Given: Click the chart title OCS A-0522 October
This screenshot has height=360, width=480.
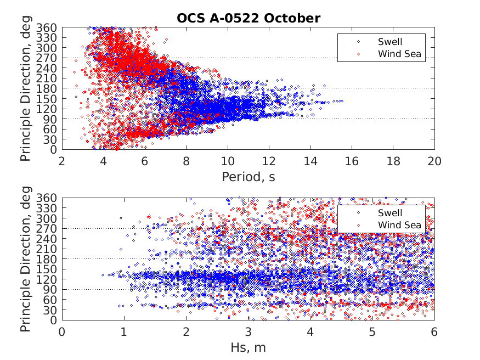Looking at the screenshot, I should pyautogui.click(x=248, y=18).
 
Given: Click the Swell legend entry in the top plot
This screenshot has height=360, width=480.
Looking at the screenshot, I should pyautogui.click(x=389, y=42).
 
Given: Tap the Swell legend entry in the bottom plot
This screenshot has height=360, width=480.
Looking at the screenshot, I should pyautogui.click(x=389, y=213).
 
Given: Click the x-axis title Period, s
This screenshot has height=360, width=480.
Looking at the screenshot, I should pyautogui.click(x=248, y=177).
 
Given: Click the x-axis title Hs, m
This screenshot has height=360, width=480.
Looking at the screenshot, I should pyautogui.click(x=248, y=347).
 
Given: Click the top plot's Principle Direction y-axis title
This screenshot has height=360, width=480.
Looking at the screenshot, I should pyautogui.click(x=26, y=88).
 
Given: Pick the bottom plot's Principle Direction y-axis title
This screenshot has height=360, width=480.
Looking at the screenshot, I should pyautogui.click(x=26, y=259).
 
